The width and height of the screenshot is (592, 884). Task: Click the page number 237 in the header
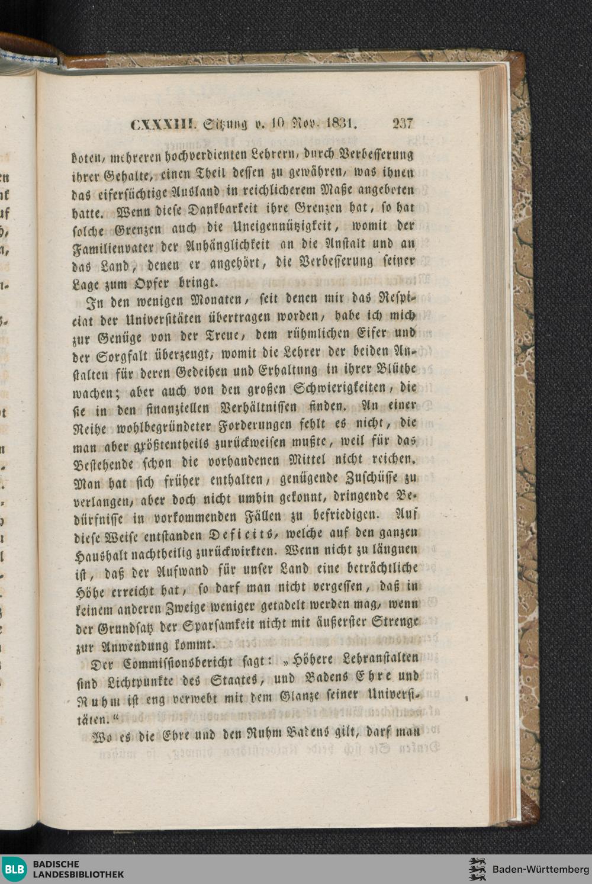pyautogui.click(x=402, y=124)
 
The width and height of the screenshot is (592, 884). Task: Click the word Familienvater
pyautogui.click(x=104, y=246)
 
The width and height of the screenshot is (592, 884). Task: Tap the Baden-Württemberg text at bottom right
pyautogui.click(x=536, y=869)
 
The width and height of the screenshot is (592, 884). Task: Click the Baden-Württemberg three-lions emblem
pyautogui.click(x=477, y=869)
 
